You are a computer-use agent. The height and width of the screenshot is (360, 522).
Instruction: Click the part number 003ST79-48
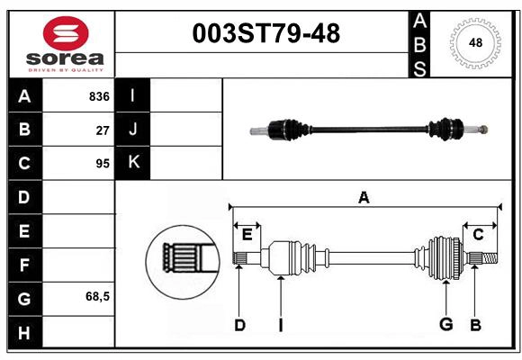pyautogui.click(x=266, y=34)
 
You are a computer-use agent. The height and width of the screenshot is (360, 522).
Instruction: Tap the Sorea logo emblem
pyautogui.click(x=66, y=34)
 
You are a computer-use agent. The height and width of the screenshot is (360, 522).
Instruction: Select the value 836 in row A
pyautogui.click(x=98, y=96)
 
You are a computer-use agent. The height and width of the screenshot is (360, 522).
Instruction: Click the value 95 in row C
pyautogui.click(x=102, y=164)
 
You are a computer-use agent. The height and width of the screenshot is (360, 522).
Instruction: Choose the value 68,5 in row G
pyautogui.click(x=97, y=296)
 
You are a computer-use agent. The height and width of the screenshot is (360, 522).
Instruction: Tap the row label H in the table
pyautogui.click(x=24, y=333)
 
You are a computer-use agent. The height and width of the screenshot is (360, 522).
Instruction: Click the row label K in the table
pyautogui.click(x=133, y=163)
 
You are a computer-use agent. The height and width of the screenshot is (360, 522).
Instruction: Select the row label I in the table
pyautogui.click(x=133, y=96)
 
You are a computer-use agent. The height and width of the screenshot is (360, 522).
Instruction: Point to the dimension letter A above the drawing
pyautogui.click(x=364, y=198)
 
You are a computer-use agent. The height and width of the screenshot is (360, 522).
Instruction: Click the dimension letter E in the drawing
pyautogui.click(x=247, y=235)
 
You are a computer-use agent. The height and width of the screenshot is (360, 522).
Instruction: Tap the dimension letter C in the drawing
pyautogui.click(x=478, y=235)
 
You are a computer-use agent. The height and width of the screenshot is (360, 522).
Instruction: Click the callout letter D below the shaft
pyautogui.click(x=239, y=325)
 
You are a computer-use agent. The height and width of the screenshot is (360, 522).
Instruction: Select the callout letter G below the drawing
pyautogui.click(x=445, y=325)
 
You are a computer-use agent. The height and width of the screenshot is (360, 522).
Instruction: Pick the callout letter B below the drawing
pyautogui.click(x=475, y=325)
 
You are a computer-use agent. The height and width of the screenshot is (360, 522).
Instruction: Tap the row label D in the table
pyautogui.click(x=24, y=197)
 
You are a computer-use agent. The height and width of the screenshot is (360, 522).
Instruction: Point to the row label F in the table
pyautogui.click(x=24, y=265)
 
